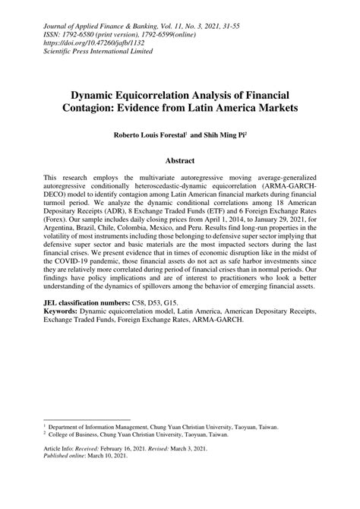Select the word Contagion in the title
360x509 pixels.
pyautogui.click(x=125, y=109)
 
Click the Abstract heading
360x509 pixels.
pyautogui.click(x=179, y=161)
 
